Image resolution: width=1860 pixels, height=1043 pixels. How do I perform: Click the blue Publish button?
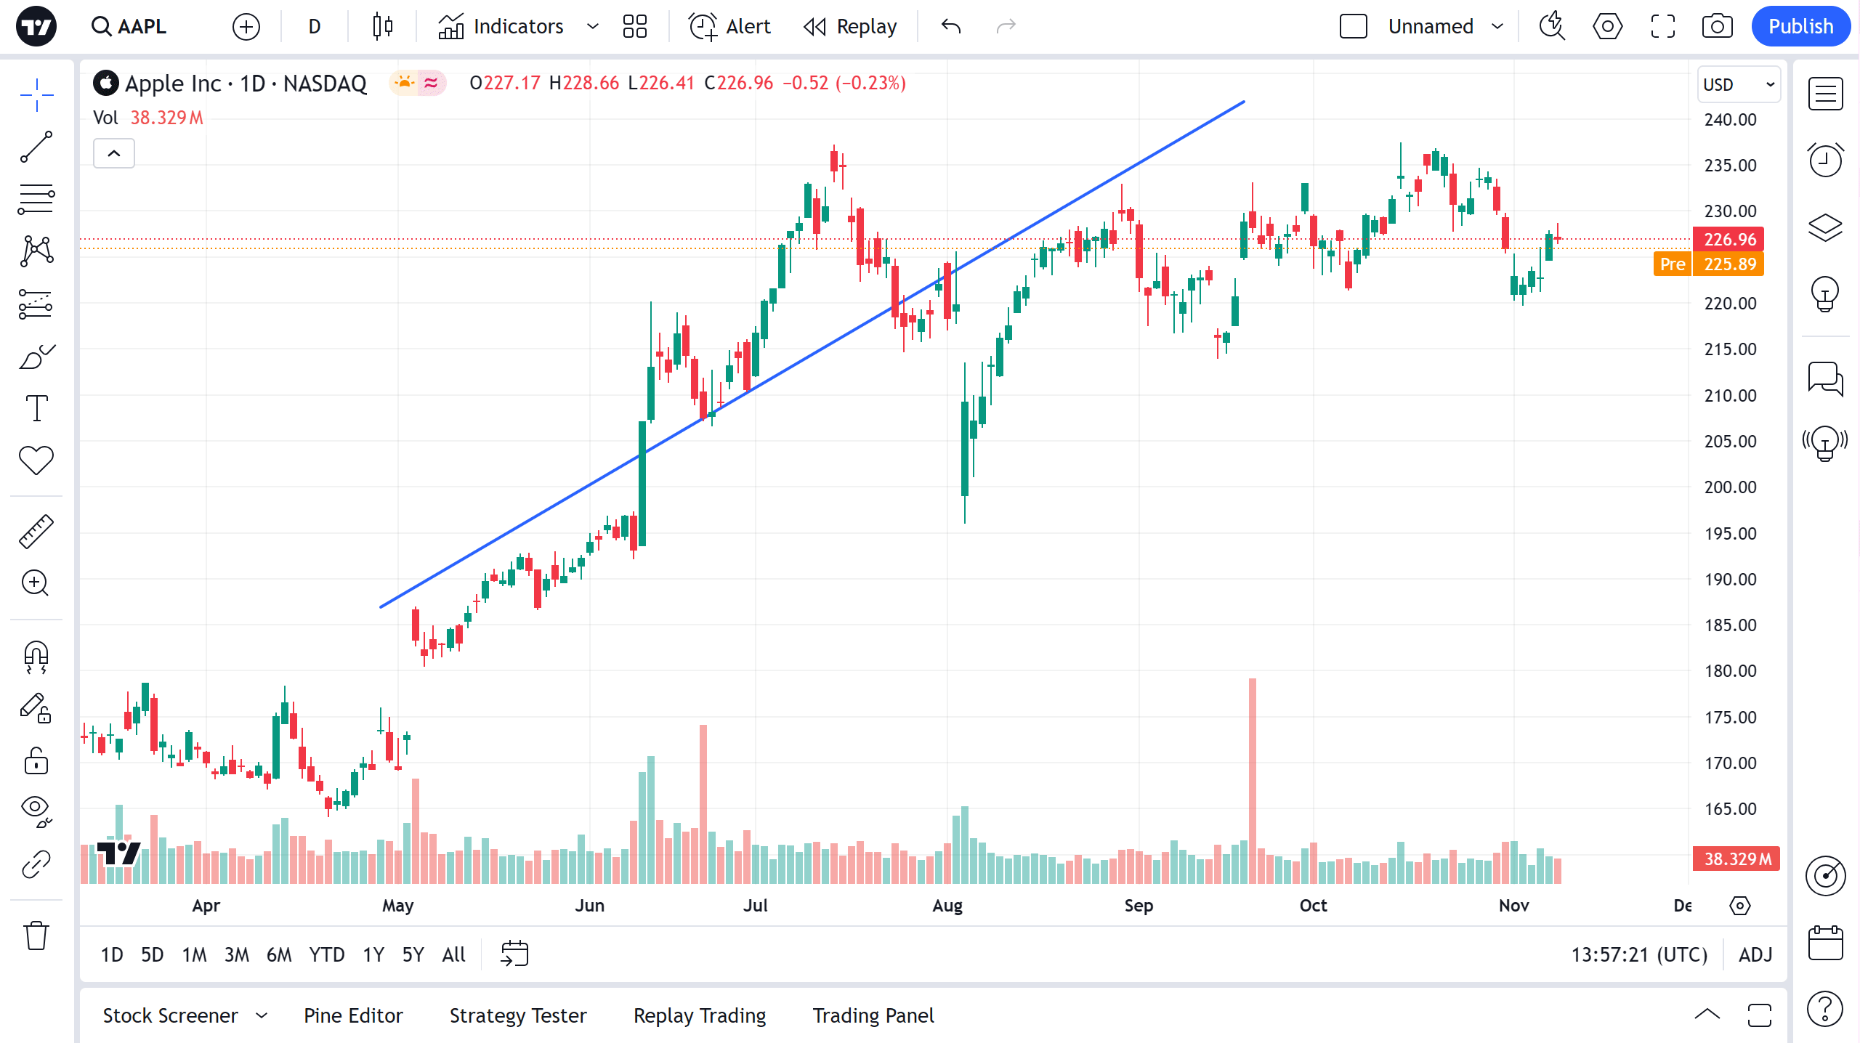click(x=1800, y=27)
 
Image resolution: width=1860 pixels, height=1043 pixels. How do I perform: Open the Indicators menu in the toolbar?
click(x=501, y=27)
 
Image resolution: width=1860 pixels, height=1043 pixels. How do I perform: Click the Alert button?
click(x=729, y=27)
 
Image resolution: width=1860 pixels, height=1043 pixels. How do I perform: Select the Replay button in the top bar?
click(x=850, y=27)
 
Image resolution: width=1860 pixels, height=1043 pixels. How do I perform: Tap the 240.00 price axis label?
click(x=1730, y=120)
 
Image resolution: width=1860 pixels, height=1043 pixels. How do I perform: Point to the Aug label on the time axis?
click(x=947, y=906)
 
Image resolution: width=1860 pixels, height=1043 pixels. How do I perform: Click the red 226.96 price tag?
click(x=1729, y=239)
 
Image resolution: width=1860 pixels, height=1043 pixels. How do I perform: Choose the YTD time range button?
click(x=326, y=954)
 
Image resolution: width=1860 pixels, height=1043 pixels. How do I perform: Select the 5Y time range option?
click(x=413, y=954)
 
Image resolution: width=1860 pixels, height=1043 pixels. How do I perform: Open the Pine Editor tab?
click(x=353, y=1015)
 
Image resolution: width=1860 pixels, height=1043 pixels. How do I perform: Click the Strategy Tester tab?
click(x=518, y=1015)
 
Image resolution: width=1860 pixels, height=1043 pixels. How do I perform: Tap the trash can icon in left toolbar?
click(x=36, y=936)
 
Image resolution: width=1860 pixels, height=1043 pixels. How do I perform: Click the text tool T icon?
click(x=36, y=408)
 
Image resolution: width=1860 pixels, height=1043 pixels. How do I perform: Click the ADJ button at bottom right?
click(x=1755, y=954)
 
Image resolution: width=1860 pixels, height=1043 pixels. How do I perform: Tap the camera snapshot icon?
click(x=1717, y=27)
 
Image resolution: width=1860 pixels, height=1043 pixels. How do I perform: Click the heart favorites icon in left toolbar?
click(x=36, y=460)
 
